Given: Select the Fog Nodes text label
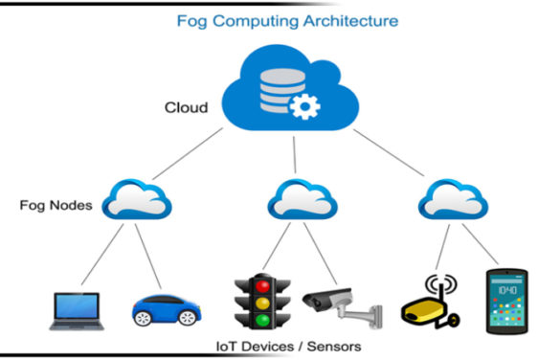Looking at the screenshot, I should point(56,205).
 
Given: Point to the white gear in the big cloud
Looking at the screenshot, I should point(305,108).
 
